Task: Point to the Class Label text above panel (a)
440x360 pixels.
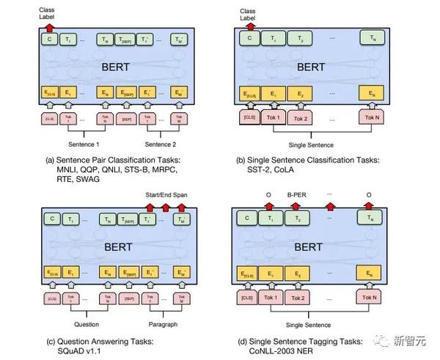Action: click(x=48, y=8)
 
